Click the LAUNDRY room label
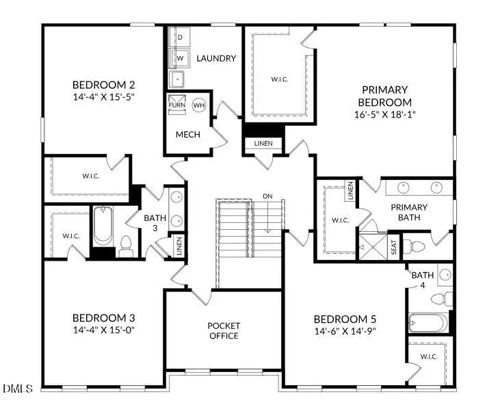click(215, 58)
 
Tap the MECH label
click(188, 134)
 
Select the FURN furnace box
click(176, 105)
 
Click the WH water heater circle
click(199, 105)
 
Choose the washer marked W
click(179, 59)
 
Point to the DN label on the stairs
click(267, 196)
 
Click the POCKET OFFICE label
click(224, 330)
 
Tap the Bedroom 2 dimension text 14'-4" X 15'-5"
click(104, 98)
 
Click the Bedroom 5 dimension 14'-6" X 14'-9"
click(345, 331)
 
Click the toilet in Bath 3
click(125, 245)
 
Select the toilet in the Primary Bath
click(415, 246)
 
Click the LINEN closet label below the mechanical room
click(263, 144)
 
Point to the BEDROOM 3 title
click(104, 318)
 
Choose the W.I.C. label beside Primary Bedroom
click(278, 79)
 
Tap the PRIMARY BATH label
click(409, 212)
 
